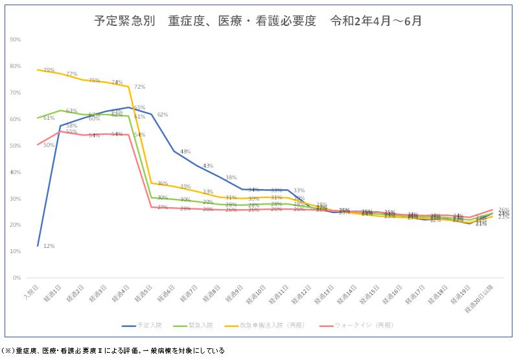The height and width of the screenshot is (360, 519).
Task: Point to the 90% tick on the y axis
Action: (x=15, y=39)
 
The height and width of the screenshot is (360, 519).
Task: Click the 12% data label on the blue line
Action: (x=49, y=246)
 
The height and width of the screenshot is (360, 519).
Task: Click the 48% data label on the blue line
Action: (x=185, y=152)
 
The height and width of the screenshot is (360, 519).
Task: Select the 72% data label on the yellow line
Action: (x=139, y=87)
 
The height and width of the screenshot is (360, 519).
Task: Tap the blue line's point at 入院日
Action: (x=38, y=246)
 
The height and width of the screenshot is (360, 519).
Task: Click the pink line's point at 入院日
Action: (x=38, y=144)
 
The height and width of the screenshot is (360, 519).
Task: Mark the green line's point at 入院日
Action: (x=38, y=118)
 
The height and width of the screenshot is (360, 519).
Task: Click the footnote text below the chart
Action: (x=114, y=350)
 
